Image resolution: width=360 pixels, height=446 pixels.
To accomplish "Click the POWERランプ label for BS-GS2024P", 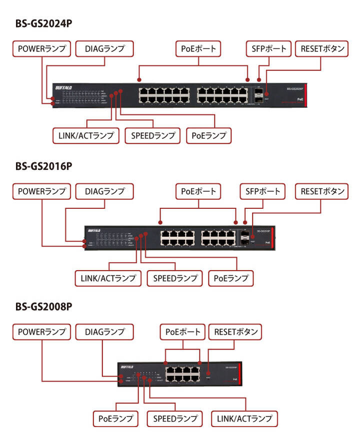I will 42,48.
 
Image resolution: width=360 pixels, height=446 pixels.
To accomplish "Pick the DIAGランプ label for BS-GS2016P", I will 104,191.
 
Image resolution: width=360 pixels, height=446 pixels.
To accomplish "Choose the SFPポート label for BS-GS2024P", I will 269,48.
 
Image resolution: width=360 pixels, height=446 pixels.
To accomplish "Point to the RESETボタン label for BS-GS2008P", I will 237,332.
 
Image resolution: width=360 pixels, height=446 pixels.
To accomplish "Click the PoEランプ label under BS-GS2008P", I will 116,418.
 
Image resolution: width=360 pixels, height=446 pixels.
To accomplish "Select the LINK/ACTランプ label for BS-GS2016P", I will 108,278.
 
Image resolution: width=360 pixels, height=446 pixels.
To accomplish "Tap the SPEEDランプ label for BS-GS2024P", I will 152,135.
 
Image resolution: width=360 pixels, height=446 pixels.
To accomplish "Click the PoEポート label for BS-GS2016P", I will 198,191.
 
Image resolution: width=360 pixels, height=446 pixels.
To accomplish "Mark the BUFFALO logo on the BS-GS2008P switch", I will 127,367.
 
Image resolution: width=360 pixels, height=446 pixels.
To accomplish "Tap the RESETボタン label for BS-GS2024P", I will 322,48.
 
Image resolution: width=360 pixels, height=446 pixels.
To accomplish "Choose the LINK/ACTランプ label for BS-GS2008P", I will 244,418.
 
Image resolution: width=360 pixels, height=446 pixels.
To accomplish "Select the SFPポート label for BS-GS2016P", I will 262,191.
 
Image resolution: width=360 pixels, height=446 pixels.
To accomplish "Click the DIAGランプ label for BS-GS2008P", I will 104,332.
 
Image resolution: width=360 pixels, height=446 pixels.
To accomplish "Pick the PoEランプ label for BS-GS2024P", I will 208,135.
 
